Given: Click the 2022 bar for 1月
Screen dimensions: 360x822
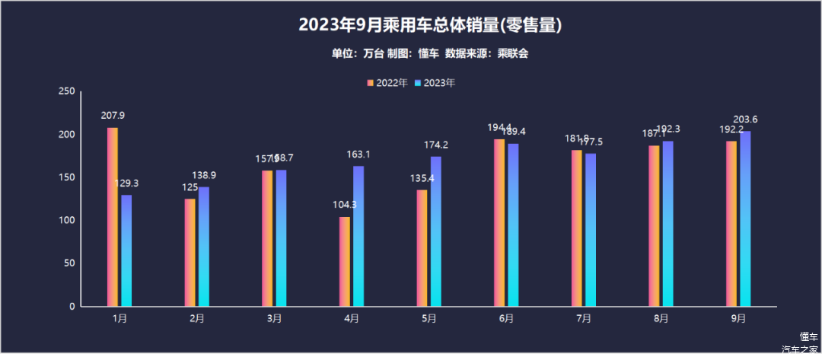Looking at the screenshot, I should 113,217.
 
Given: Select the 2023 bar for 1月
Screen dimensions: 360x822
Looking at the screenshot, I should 126,250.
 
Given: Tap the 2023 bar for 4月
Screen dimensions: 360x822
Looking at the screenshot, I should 358,236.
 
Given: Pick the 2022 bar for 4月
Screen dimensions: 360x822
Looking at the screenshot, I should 345,261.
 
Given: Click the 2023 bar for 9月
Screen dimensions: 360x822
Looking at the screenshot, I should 745,218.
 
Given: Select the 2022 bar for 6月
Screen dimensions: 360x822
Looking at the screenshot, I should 499,222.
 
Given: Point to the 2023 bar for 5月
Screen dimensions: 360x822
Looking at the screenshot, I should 436,231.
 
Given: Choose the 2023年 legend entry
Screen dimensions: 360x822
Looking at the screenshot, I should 435,83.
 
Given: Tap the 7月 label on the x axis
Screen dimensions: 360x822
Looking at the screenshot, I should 584,318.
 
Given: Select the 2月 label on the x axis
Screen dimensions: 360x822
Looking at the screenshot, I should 196,318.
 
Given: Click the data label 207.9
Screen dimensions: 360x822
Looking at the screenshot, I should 113,116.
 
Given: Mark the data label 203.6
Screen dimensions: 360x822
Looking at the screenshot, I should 745,119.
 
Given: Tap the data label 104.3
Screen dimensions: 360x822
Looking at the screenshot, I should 345,205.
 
